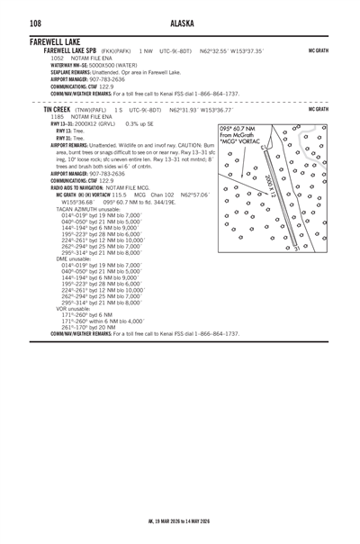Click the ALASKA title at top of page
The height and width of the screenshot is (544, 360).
181,22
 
